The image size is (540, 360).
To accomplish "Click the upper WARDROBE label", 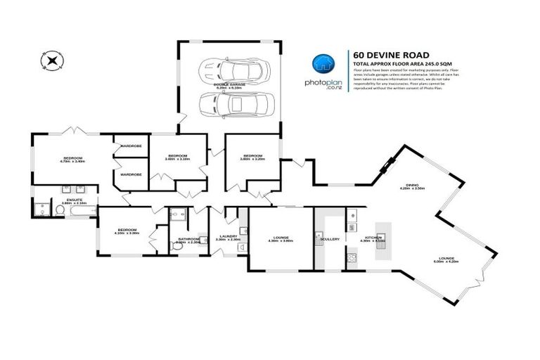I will point(131,146).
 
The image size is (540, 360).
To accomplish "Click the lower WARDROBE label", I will point(131,174).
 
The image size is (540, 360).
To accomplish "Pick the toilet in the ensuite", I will point(39,210).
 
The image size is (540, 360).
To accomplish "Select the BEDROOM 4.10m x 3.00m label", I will point(127,231).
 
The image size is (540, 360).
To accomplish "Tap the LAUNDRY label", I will point(228,238).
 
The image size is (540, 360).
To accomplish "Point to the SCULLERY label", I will point(329,239).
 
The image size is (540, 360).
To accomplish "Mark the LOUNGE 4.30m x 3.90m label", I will point(280,239).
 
